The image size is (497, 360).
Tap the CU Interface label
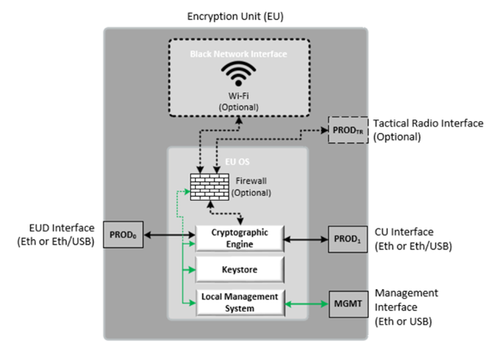click(413, 237)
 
